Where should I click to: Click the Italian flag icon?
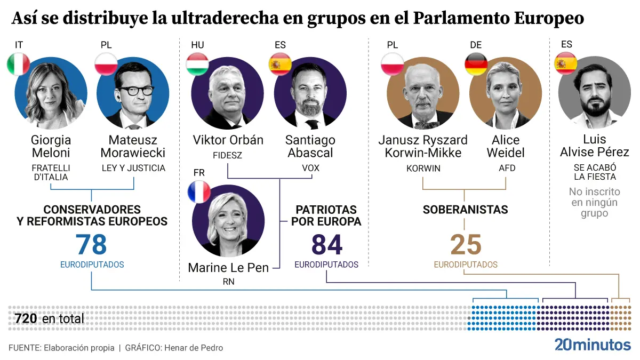coord(18,64)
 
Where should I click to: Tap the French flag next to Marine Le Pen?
coord(199,191)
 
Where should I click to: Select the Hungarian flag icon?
coord(197,64)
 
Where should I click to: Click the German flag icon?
coord(476,64)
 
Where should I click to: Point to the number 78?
coord(92,245)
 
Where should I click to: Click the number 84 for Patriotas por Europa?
coord(327,245)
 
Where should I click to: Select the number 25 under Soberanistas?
coord(466,245)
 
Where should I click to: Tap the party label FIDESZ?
coord(228,155)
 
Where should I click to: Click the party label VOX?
coord(310,167)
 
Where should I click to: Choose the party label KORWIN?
coord(423,167)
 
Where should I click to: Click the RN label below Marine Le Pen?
coord(228,282)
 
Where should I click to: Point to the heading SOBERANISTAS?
coord(466,210)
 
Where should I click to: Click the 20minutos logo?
coord(592,345)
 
